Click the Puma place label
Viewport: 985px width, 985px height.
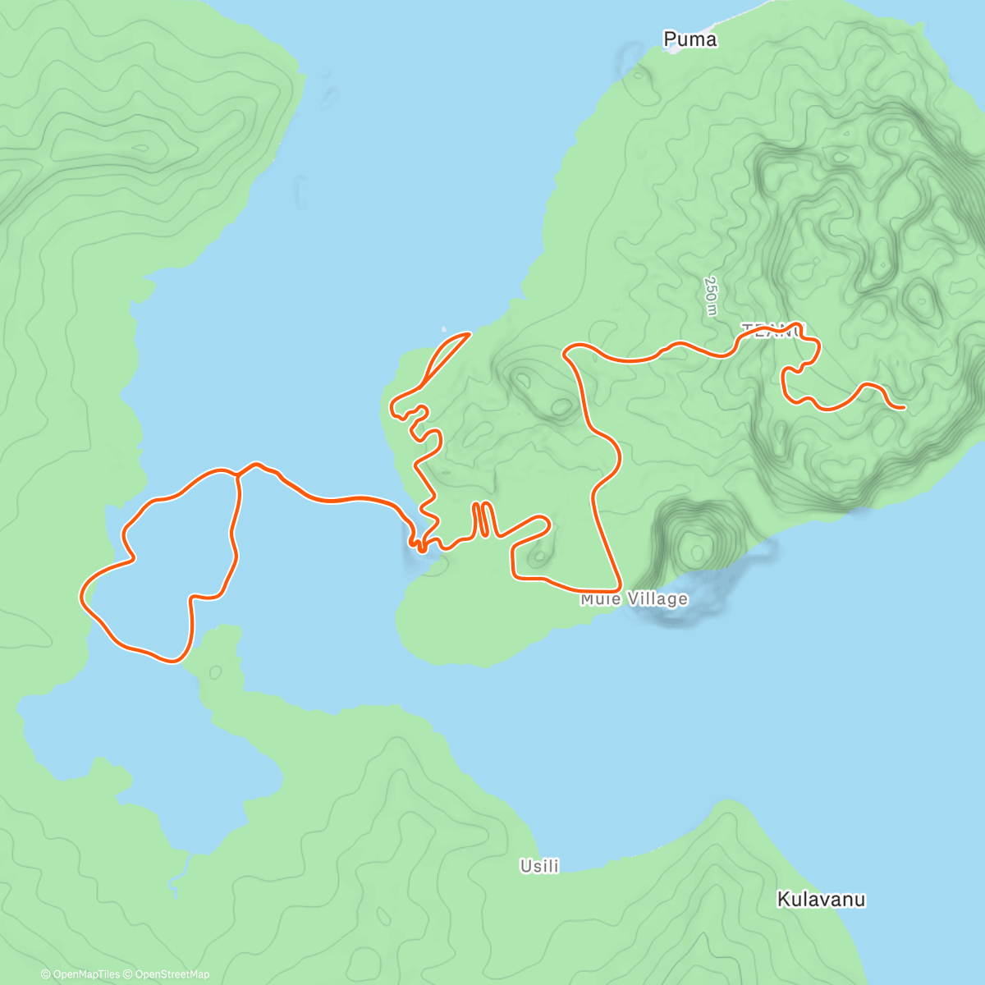pos(689,39)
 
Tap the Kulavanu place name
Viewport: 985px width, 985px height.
pos(821,900)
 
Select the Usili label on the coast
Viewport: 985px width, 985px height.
pos(539,866)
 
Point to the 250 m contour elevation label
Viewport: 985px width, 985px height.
pos(711,295)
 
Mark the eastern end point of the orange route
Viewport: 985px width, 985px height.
pos(904,407)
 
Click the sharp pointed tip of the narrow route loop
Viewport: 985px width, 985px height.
pos(470,333)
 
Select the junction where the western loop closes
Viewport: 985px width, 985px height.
pos(238,474)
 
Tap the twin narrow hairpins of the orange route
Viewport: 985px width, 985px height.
pos(483,519)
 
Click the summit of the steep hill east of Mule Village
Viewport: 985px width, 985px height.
pos(696,546)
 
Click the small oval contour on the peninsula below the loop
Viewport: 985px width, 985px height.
pos(215,672)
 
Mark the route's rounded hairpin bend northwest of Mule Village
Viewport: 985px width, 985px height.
pos(544,521)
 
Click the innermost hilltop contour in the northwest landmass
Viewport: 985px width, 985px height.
pos(141,149)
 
